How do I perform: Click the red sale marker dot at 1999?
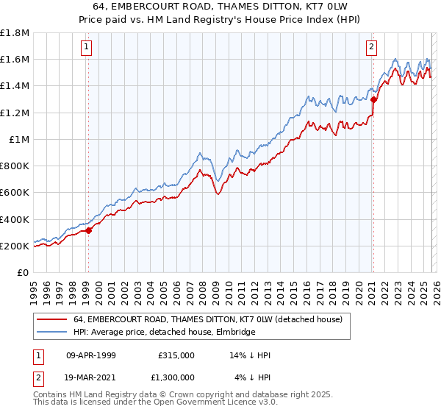88,230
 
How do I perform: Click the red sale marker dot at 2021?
373,99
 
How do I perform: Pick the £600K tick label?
15,193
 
